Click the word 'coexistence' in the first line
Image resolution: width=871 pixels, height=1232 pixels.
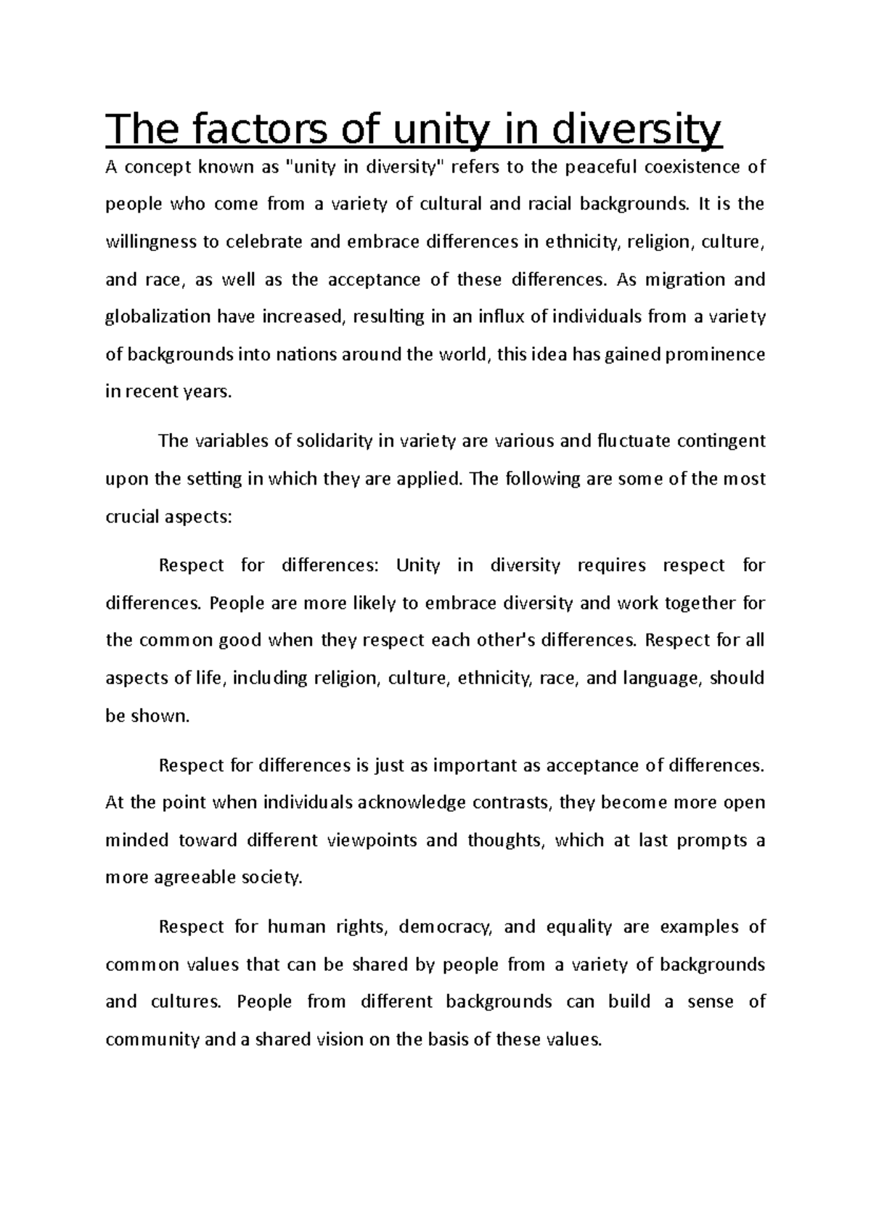tap(696, 168)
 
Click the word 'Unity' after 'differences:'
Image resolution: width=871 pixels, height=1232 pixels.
tap(418, 566)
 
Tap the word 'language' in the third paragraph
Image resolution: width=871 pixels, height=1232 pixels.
tap(661, 678)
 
